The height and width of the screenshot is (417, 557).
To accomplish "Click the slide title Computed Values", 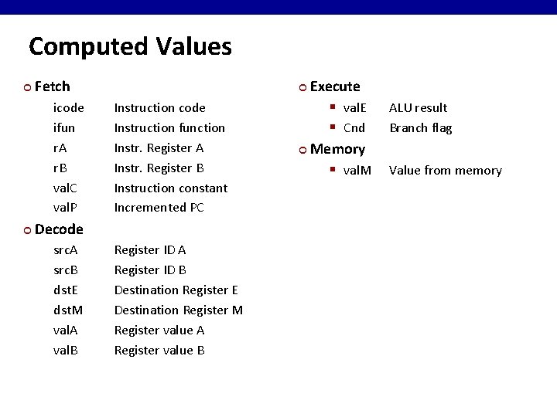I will point(130,47).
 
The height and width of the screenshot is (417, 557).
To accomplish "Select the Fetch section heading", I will point(52,86).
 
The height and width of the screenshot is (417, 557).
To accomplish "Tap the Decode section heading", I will point(58,229).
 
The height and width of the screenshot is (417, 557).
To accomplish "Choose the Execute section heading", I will point(335,86).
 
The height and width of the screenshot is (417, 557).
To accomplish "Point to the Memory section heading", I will point(337,149).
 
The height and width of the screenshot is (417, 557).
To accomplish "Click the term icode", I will point(68,108).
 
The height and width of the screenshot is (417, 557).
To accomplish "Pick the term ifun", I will point(65,128).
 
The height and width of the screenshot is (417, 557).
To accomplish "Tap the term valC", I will point(65,188).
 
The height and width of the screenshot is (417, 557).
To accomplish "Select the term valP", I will point(65,208).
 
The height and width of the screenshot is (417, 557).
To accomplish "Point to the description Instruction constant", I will point(171,188).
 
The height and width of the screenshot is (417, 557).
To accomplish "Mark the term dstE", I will point(66,290).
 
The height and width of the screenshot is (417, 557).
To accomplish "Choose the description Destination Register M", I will point(179,310).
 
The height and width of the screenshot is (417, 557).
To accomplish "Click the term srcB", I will point(65,270).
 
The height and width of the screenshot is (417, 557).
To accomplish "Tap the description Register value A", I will point(159,331).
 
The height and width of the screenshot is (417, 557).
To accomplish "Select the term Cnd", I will point(354,128).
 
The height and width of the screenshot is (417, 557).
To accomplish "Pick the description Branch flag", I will point(421,128).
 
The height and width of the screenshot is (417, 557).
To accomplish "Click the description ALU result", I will point(418,108).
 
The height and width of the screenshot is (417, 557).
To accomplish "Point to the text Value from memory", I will point(446,171).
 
